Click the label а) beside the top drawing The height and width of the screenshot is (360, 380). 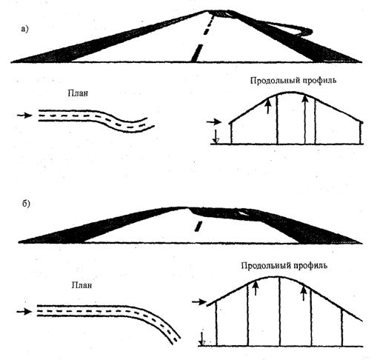pyautogui.click(x=24, y=29)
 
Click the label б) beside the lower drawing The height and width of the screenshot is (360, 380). pyautogui.click(x=26, y=204)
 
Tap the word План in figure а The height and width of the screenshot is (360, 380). pyautogui.click(x=78, y=93)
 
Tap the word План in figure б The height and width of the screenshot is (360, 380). pyautogui.click(x=81, y=285)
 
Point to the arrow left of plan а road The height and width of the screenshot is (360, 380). pyautogui.click(x=24, y=116)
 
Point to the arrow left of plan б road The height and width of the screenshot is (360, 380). pyautogui.click(x=24, y=312)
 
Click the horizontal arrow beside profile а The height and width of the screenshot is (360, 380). pyautogui.click(x=214, y=121)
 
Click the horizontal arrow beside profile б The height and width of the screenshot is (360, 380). pyautogui.click(x=199, y=301)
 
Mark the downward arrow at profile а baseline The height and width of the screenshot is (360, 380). pyautogui.click(x=216, y=137)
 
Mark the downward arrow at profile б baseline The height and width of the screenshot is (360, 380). pyautogui.click(x=202, y=339)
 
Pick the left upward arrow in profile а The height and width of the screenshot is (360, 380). pyautogui.click(x=268, y=106)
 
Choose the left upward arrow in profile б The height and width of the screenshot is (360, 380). pyautogui.click(x=256, y=287)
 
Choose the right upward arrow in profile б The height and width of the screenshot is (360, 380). pyautogui.click(x=304, y=293)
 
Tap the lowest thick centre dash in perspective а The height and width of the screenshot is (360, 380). pyautogui.click(x=197, y=53)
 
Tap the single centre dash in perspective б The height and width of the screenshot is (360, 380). pyautogui.click(x=199, y=226)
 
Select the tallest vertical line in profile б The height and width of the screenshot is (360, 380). pyautogui.click(x=280, y=311)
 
